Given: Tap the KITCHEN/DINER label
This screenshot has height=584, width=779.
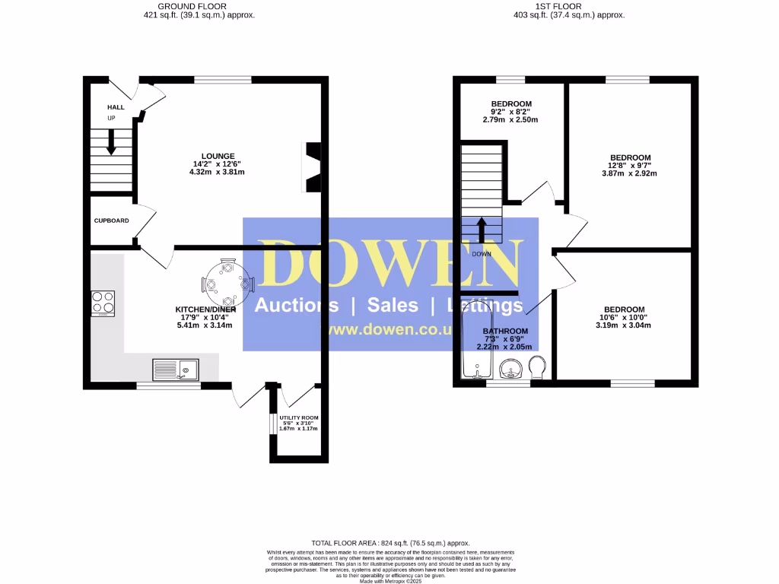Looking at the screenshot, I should tap(205, 309).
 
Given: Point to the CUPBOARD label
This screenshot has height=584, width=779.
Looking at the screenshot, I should tap(111, 221).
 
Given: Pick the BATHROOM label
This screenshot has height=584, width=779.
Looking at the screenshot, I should tap(505, 331).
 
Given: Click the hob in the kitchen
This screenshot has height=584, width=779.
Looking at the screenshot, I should tap(103, 303).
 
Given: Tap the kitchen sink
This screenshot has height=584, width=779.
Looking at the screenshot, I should tap(176, 370).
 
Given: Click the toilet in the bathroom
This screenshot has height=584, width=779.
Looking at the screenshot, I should tap(537, 367).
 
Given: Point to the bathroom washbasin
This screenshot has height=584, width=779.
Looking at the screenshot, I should tap(512, 370).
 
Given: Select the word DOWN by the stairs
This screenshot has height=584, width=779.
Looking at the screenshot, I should tap(482, 254).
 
